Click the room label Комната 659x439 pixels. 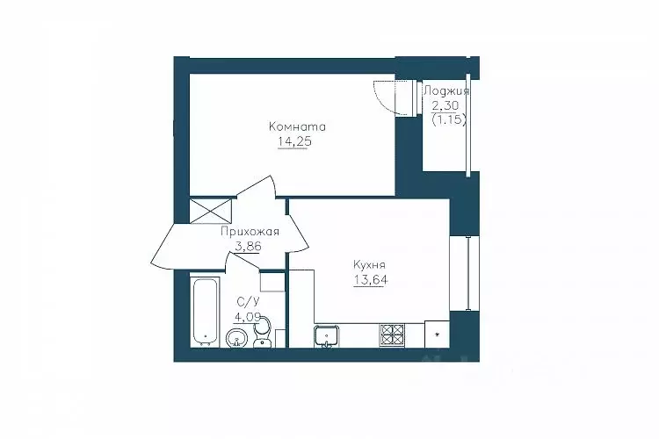[x=297, y=126]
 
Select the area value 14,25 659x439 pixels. [x=294, y=142]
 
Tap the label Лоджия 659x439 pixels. [x=445, y=91]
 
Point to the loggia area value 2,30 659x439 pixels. [x=445, y=105]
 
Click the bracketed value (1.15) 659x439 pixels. [x=449, y=120]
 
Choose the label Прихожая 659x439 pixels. [x=250, y=232]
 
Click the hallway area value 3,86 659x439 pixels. [x=248, y=246]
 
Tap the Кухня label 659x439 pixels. [x=369, y=265]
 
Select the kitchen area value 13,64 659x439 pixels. [x=370, y=280]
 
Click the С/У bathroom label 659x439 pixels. [x=248, y=301]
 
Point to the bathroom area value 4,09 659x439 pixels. [x=247, y=317]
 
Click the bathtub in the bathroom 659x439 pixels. [x=205, y=312]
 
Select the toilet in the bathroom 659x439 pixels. [x=263, y=332]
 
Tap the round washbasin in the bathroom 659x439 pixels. [x=237, y=338]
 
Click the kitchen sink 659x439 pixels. [x=327, y=336]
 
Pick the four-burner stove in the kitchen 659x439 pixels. [x=392, y=335]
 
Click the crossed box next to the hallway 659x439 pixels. [x=211, y=211]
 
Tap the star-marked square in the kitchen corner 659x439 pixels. [x=437, y=335]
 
